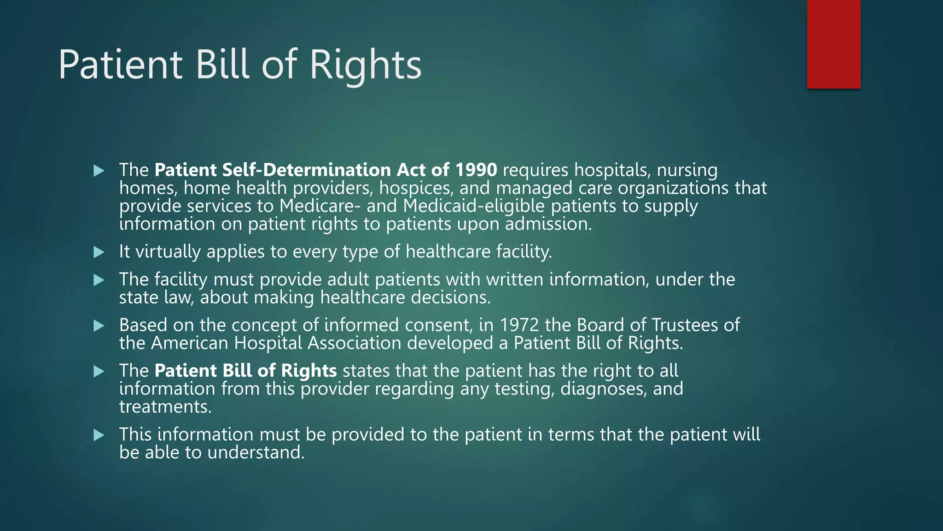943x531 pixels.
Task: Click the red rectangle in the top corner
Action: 833,44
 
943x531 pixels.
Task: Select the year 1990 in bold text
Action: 476,170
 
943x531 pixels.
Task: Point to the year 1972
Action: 519,325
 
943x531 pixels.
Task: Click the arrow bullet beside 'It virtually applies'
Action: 99,252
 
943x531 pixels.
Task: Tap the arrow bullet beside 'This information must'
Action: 99,435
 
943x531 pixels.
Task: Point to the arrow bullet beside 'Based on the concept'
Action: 99,326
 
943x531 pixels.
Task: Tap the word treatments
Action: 165,407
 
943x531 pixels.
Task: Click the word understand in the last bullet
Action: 256,453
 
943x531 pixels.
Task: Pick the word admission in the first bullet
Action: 548,224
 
